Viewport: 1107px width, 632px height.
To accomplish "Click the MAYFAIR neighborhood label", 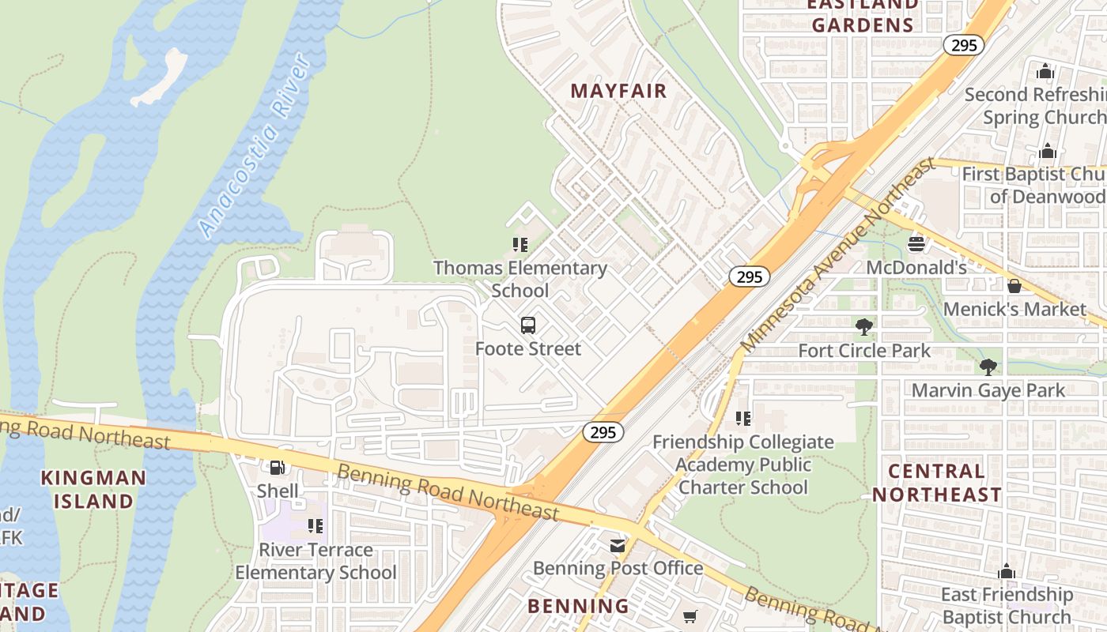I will click(x=618, y=91).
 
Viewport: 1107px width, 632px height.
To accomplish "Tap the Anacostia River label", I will click(x=255, y=146).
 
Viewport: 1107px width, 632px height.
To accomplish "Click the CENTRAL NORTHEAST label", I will click(x=937, y=483).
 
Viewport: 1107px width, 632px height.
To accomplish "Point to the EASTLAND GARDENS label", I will click(x=862, y=16).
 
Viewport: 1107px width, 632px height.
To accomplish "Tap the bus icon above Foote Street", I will click(x=528, y=325).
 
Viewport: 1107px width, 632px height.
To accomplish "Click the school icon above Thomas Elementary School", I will click(x=519, y=245).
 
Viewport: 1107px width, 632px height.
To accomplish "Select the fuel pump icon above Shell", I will click(x=278, y=468).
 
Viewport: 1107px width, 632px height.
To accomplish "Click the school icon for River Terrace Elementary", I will click(x=315, y=526).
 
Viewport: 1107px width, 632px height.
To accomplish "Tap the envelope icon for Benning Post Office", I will click(x=617, y=545).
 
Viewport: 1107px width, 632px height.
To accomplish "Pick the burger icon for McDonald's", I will click(x=916, y=244).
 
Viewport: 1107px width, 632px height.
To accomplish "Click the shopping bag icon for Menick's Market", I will click(x=1014, y=285).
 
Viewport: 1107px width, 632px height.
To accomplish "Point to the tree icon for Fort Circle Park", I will click(x=864, y=326).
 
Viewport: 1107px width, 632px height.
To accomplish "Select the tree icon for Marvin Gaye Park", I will click(x=988, y=367).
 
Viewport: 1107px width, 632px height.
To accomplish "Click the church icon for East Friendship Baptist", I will click(x=1006, y=571).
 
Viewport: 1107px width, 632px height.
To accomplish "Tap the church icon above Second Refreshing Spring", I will click(x=1045, y=71).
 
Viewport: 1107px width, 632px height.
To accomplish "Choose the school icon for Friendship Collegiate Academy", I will click(x=742, y=418).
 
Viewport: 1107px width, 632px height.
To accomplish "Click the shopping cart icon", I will click(x=690, y=616).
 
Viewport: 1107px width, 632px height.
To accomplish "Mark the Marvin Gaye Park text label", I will click(x=988, y=390).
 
